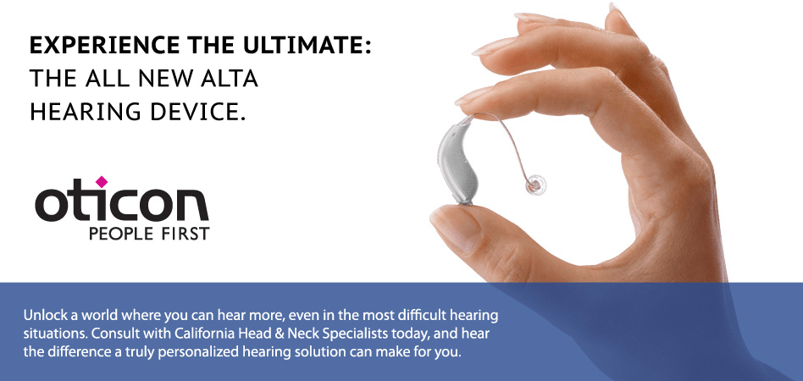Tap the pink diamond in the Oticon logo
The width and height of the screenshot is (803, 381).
pos(102,181)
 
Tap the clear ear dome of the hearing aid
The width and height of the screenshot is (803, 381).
pos(535,185)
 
